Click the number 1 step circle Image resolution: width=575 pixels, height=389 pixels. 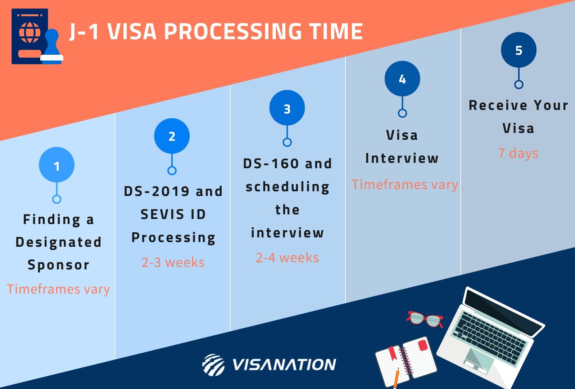point(56,165)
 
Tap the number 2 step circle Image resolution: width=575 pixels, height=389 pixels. point(172,136)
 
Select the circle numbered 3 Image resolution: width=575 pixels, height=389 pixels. point(287,108)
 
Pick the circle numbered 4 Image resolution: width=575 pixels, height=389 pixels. point(402,79)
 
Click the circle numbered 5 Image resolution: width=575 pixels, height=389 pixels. point(519,50)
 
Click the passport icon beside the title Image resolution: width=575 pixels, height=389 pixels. point(30,36)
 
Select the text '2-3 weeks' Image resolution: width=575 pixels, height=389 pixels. point(173,262)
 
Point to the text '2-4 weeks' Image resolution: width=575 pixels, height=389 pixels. point(287,258)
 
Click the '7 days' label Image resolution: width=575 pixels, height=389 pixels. point(518,153)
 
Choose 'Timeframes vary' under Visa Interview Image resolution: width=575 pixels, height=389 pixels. point(405,184)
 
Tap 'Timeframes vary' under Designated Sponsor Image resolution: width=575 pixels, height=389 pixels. point(58,289)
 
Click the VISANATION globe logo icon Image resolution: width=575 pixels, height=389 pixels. point(213,365)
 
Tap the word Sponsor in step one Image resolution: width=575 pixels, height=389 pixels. point(58,265)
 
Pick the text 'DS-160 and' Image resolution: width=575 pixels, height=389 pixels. point(287,164)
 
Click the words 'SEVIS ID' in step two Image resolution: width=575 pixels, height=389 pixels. point(173,214)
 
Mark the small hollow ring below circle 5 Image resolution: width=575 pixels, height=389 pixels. point(519,85)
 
